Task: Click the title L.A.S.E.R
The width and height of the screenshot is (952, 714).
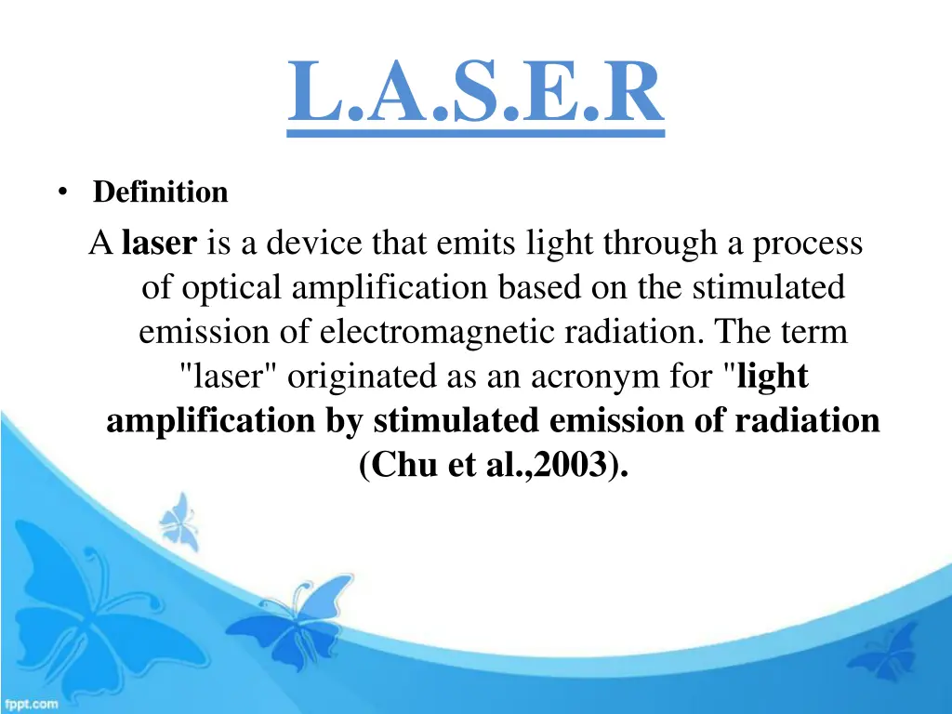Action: point(475,93)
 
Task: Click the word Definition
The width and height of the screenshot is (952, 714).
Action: point(160,192)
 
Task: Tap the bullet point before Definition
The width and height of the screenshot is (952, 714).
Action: point(61,192)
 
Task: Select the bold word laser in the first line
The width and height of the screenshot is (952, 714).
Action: point(160,244)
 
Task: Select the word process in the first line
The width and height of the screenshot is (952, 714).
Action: point(807,244)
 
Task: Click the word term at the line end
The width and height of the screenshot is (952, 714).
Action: point(816,333)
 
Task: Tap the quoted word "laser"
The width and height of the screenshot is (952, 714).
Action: point(229,377)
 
